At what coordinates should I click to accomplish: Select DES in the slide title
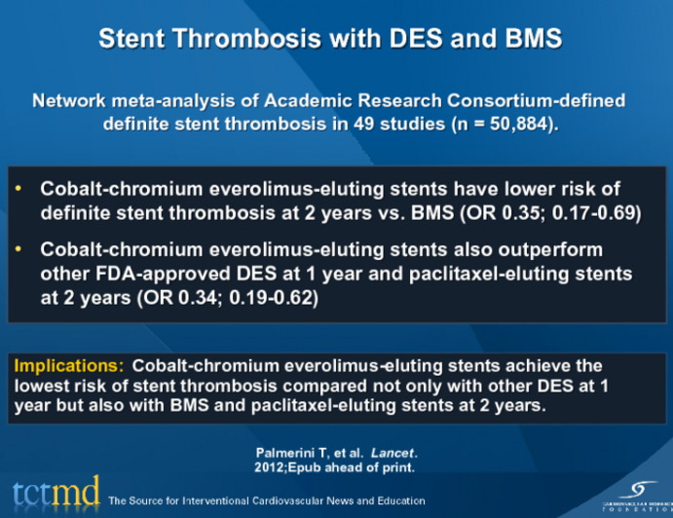(x=423, y=40)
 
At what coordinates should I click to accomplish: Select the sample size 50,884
(x=514, y=125)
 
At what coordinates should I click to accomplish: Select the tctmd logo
(x=56, y=493)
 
